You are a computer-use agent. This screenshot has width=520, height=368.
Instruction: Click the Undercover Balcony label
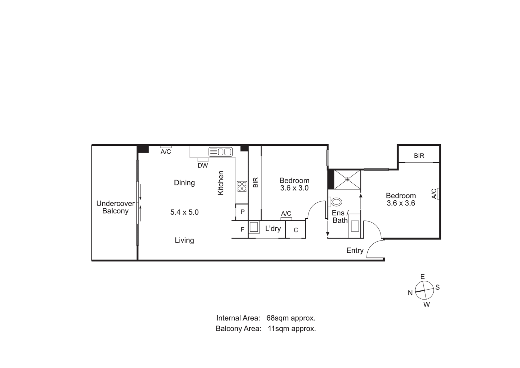point(115,207)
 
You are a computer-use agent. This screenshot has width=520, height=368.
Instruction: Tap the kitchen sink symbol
point(220,152)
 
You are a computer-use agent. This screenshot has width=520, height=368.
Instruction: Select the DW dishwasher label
point(203,166)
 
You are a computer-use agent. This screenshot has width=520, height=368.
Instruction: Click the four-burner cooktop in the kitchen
point(242,186)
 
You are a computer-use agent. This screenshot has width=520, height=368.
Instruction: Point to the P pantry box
point(242,212)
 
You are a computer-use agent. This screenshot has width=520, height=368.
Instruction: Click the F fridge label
point(242,230)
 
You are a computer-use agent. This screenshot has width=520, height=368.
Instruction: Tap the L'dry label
point(273,229)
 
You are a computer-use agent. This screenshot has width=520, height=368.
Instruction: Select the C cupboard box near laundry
point(296,230)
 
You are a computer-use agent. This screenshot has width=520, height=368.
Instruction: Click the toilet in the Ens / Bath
point(335,202)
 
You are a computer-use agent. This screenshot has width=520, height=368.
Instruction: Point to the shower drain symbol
point(347,179)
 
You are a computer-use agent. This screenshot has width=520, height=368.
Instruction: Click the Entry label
point(355,250)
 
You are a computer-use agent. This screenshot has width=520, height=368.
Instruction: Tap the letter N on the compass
point(410,293)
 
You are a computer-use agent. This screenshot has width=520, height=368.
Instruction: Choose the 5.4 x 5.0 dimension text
point(184,212)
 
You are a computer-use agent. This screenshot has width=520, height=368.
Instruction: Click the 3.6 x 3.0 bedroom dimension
point(294,188)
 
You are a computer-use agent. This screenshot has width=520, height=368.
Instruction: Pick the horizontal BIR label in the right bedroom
point(419,156)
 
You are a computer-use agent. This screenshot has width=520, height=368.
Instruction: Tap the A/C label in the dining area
point(166,152)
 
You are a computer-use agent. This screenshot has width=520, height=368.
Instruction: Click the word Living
point(184,240)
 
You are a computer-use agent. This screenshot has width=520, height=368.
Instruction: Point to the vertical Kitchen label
point(221,183)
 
